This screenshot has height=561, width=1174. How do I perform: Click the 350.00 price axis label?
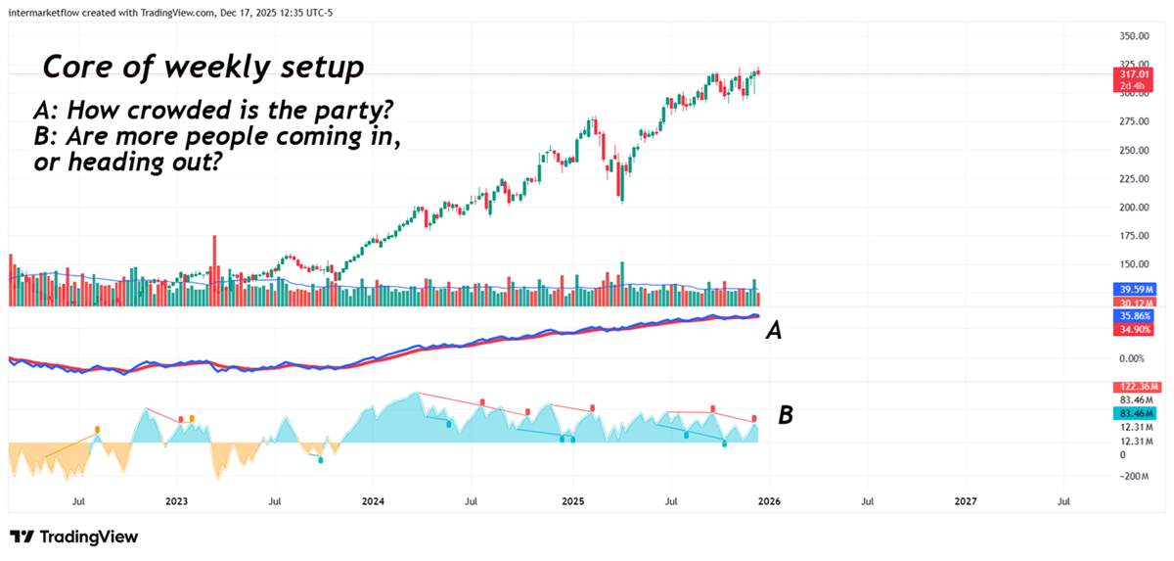pyautogui.click(x=1134, y=36)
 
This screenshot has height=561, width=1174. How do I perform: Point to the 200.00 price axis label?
pyautogui.click(x=1134, y=208)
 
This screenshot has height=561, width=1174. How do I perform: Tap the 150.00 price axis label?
pyautogui.click(x=1134, y=264)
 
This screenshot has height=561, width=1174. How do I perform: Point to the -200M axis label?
pyautogui.click(x=1134, y=476)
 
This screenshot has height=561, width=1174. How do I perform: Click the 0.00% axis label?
pyautogui.click(x=1134, y=359)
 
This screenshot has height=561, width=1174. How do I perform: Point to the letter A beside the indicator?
pyautogui.click(x=773, y=332)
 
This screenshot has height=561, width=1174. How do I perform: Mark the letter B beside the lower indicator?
pyautogui.click(x=785, y=415)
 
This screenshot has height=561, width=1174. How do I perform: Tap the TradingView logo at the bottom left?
pyautogui.click(x=73, y=537)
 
